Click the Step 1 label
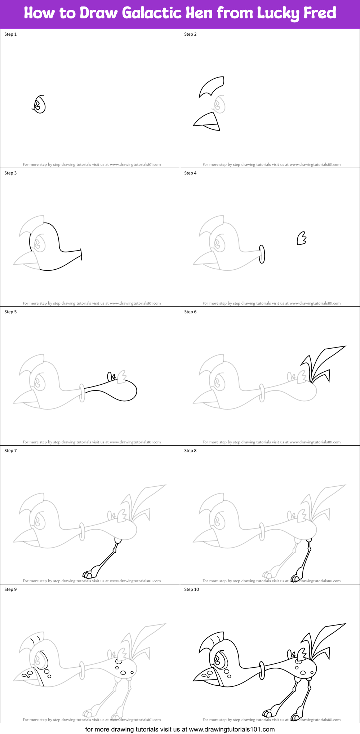(10, 34)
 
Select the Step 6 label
(190, 312)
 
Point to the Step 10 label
(191, 589)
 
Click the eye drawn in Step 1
(39, 105)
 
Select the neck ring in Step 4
(262, 254)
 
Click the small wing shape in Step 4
(301, 239)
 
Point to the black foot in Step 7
(89, 574)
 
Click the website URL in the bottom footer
(232, 729)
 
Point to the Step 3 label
(10, 173)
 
